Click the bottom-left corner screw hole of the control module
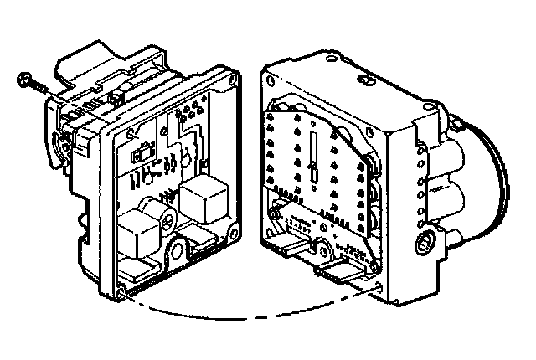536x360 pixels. [123, 292]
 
